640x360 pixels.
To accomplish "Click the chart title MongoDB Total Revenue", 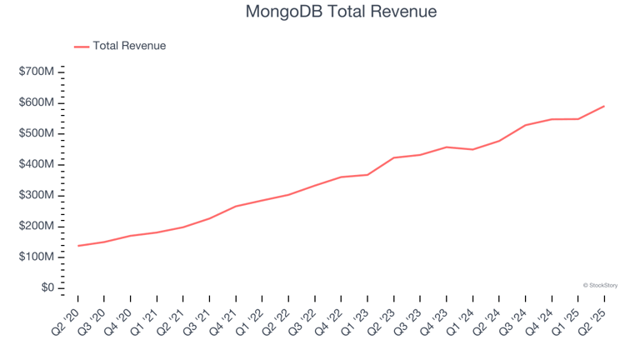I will pyautogui.click(x=342, y=12).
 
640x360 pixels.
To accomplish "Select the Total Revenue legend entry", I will pyautogui.click(x=129, y=46).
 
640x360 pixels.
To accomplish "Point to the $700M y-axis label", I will pyautogui.click(x=37, y=72).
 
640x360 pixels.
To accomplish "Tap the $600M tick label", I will pyautogui.click(x=37, y=102).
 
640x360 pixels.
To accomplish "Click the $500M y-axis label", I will pyautogui.click(x=37, y=133).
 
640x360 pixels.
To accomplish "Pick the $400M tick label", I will pyautogui.click(x=37, y=164).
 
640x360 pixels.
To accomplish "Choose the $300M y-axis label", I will pyautogui.click(x=37, y=195).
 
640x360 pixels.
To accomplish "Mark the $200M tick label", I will pyautogui.click(x=37, y=226).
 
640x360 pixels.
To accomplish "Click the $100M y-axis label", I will pyautogui.click(x=37, y=257).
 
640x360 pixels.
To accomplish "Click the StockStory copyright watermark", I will pyautogui.click(x=600, y=285).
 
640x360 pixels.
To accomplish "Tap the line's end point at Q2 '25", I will pyautogui.click(x=604, y=106).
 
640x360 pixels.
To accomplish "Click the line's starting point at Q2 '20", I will pyautogui.click(x=78, y=246).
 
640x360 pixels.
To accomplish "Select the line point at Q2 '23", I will pyautogui.click(x=394, y=157).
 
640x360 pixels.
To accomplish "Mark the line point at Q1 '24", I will pyautogui.click(x=472, y=149).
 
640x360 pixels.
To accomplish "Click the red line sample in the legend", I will pyautogui.click(x=82, y=47).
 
